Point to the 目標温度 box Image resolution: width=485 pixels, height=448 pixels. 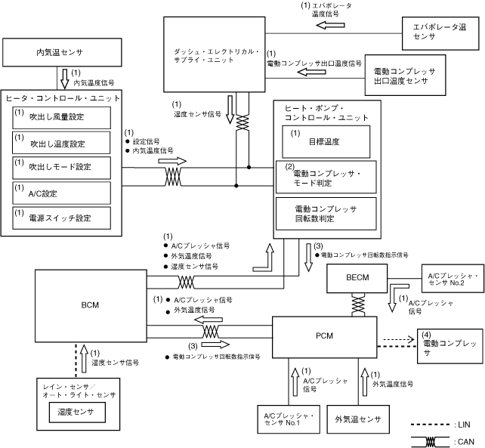(327, 141)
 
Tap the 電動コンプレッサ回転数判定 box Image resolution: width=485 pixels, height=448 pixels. (327, 212)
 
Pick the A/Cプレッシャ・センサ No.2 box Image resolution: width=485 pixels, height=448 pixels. (450, 280)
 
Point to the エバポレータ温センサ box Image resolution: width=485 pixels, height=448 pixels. (435, 31)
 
